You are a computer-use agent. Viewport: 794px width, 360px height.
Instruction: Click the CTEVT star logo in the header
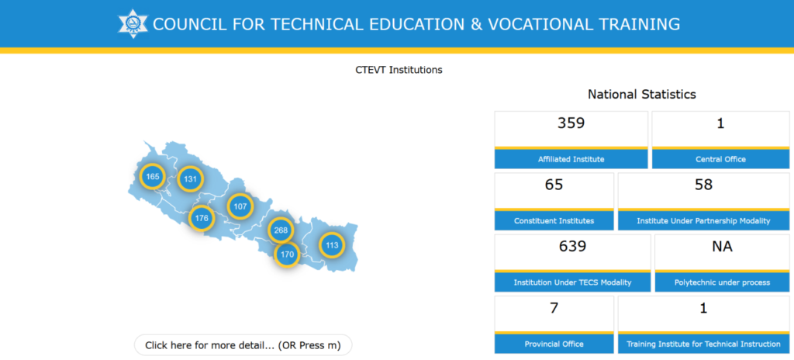click(x=133, y=23)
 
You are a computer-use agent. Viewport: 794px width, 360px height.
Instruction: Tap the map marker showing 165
click(x=153, y=176)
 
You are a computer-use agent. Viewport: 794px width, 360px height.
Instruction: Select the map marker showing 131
click(x=191, y=179)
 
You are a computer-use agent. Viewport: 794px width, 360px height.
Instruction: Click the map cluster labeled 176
click(x=202, y=219)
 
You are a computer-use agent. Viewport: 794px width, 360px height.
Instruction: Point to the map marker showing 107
click(x=240, y=206)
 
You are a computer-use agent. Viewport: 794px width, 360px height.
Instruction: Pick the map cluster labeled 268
click(x=281, y=230)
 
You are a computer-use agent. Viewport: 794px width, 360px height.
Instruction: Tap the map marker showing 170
click(x=287, y=254)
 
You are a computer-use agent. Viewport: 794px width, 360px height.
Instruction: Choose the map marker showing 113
click(x=332, y=245)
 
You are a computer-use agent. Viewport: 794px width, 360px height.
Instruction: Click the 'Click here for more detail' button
click(x=243, y=345)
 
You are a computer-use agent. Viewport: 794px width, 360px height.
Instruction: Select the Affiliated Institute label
click(x=571, y=159)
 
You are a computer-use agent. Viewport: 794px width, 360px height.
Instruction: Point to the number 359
click(x=571, y=123)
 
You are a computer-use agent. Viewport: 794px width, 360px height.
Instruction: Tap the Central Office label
click(x=720, y=159)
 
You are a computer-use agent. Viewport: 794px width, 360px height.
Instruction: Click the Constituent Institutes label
click(x=554, y=220)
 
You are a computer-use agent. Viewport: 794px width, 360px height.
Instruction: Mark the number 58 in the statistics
click(x=704, y=185)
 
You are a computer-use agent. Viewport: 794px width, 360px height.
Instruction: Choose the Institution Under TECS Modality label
click(x=573, y=282)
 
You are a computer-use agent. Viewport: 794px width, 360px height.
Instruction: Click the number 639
click(x=573, y=247)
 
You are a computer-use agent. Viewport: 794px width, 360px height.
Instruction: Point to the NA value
click(x=722, y=247)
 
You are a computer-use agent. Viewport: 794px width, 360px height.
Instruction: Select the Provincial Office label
click(x=554, y=344)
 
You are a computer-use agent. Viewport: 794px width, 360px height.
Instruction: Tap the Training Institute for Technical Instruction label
click(x=703, y=344)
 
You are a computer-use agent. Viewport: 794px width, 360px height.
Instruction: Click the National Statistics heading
click(x=642, y=94)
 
